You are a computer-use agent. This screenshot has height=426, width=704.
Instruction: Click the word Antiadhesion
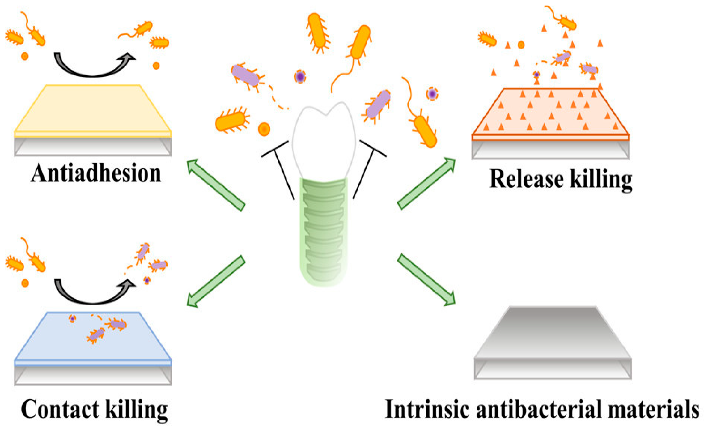[x=96, y=173]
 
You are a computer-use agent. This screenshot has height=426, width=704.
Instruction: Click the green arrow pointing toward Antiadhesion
[x=216, y=185]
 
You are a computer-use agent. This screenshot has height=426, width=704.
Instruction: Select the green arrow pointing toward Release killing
[x=426, y=183]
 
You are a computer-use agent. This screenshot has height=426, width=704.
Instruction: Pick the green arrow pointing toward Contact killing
[x=216, y=281]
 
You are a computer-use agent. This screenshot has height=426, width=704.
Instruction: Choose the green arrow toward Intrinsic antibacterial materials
[x=426, y=280]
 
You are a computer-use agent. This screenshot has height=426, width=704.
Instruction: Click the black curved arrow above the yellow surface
[x=93, y=66]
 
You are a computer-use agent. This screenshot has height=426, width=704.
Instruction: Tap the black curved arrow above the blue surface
[x=93, y=294]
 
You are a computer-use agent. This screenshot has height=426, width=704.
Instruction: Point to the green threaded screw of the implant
[x=324, y=232]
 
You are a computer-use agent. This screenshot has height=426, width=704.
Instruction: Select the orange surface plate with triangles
[x=550, y=113]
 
